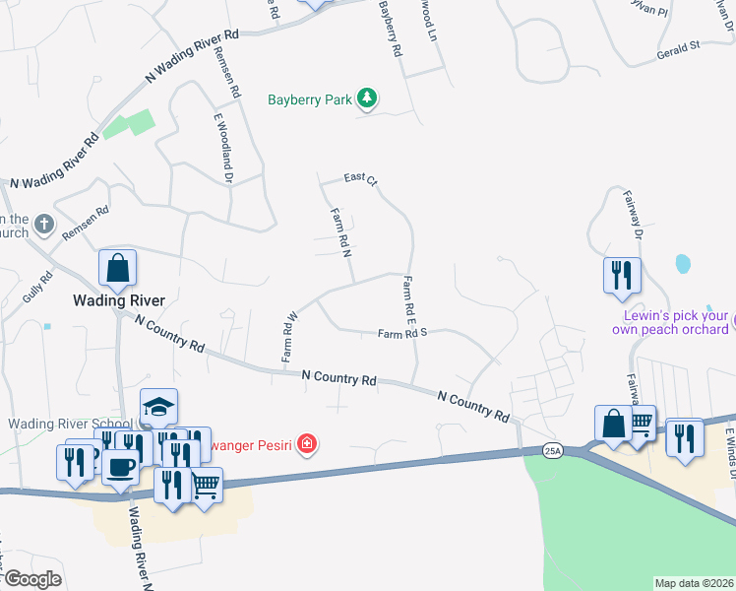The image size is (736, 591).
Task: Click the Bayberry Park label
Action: (x=311, y=99)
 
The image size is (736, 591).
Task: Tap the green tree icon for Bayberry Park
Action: (x=367, y=98)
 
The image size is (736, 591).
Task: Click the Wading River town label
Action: (x=121, y=299)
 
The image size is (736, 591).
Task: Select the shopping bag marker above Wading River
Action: (x=117, y=268)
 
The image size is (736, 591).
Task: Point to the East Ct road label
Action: (x=360, y=178)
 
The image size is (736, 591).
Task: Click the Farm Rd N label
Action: (x=340, y=232)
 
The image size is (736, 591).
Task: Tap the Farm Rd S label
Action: (x=401, y=335)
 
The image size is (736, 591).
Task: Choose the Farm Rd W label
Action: (x=290, y=337)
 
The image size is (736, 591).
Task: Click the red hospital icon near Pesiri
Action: (x=307, y=444)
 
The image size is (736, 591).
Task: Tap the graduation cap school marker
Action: (x=158, y=407)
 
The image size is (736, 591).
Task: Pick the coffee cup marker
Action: (x=121, y=467)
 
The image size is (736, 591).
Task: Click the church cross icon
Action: (x=43, y=225)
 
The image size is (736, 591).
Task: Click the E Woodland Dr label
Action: (x=222, y=148)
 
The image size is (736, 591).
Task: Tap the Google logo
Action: (x=31, y=579)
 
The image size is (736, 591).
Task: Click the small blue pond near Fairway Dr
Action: (x=682, y=264)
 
